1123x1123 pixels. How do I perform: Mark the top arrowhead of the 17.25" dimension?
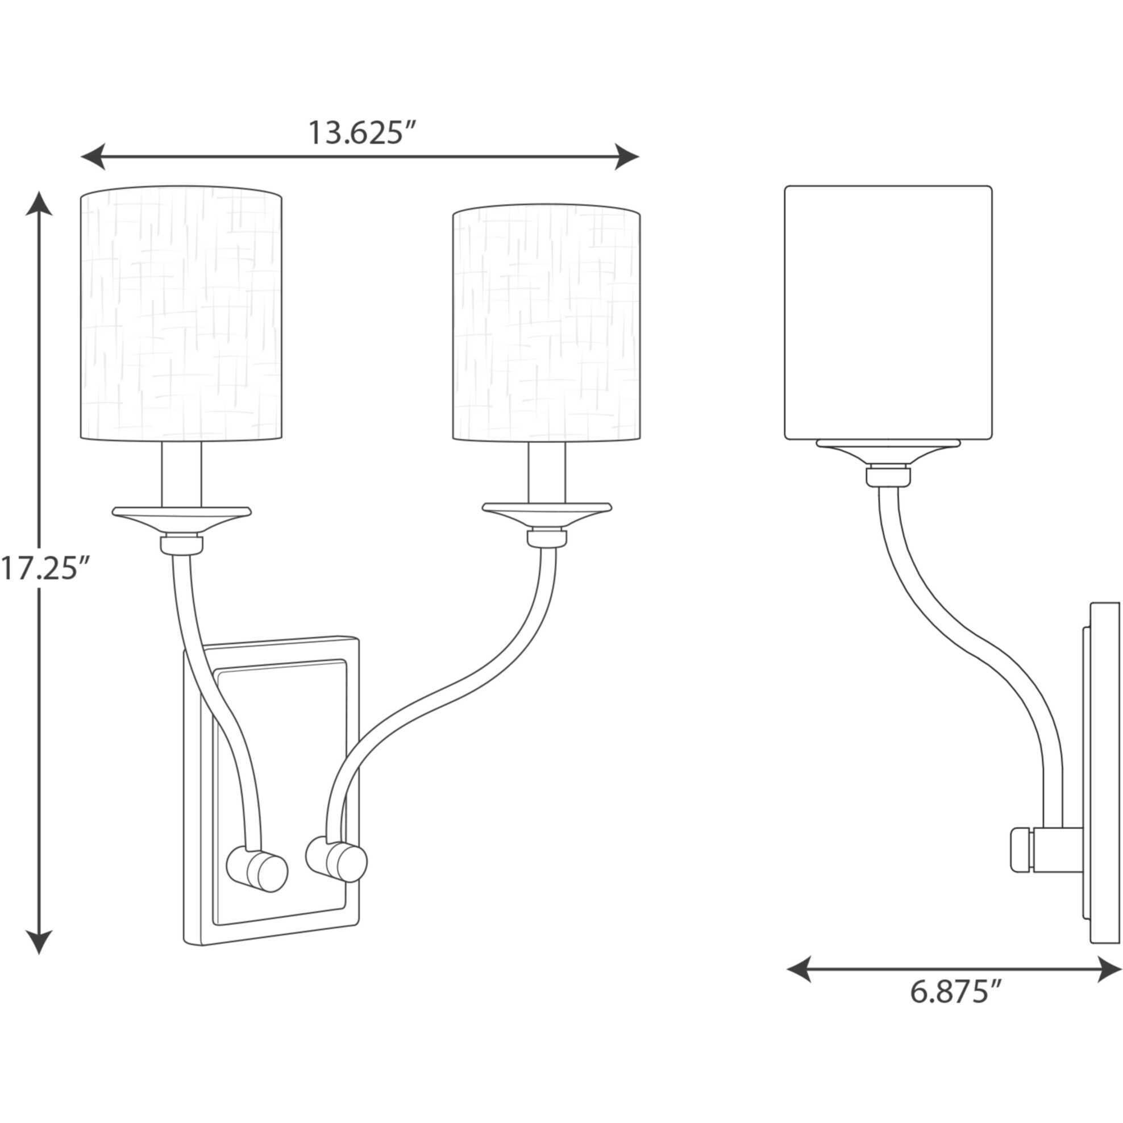coord(39,204)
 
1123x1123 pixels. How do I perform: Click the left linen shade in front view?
coord(181,314)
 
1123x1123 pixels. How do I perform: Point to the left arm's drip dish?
coord(181,514)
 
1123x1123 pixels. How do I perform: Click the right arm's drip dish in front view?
coord(547,509)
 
